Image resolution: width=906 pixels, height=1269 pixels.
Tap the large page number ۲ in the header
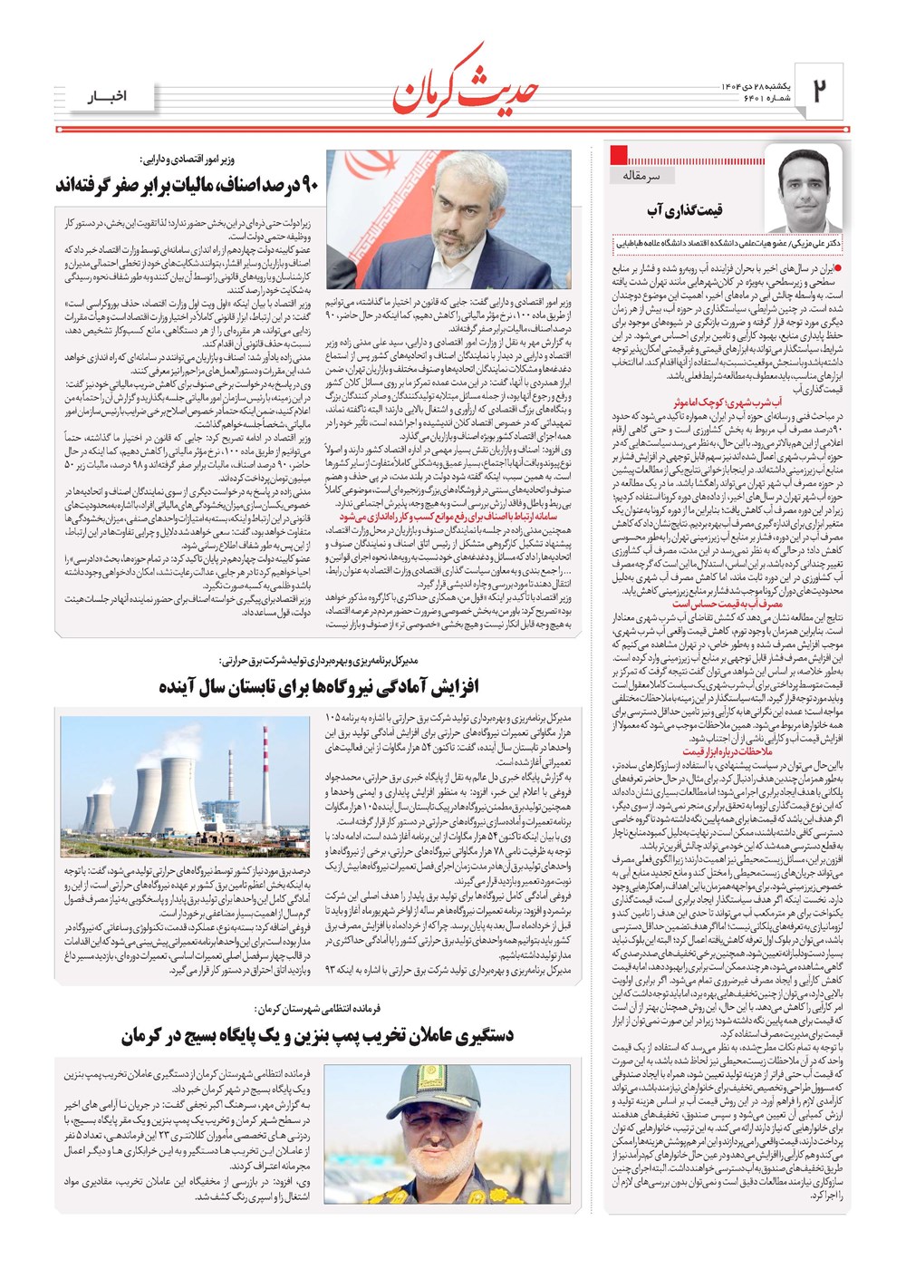(x=818, y=92)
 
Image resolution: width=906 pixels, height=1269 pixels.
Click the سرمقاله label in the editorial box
(x=642, y=175)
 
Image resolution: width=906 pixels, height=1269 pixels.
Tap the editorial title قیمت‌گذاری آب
(x=684, y=210)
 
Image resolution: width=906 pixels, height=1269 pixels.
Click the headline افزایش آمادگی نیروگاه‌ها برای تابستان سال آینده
(x=319, y=686)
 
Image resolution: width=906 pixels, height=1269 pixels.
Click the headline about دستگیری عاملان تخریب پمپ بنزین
(x=318, y=1035)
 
